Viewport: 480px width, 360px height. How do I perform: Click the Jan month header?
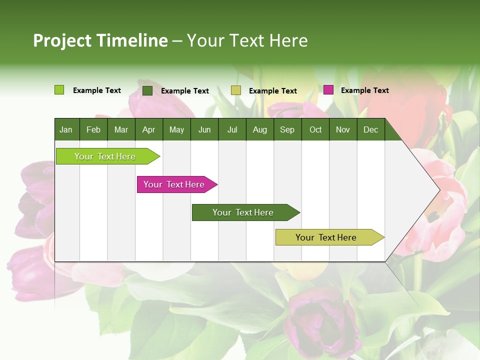click(66, 129)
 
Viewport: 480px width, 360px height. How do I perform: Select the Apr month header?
click(148, 129)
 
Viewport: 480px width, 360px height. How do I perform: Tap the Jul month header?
click(232, 129)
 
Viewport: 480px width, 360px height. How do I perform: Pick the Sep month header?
click(287, 129)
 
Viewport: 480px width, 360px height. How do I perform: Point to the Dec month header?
click(370, 129)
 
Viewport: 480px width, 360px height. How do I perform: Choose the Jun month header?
click(204, 129)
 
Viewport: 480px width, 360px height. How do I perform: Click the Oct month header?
click(315, 129)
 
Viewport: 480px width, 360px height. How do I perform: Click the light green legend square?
click(59, 90)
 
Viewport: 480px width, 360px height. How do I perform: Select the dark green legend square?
click(147, 90)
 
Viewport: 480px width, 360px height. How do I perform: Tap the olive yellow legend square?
click(236, 90)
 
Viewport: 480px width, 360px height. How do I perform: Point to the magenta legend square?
click(328, 90)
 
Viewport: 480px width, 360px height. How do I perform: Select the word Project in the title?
click(61, 40)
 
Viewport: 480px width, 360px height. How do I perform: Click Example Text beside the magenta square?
click(364, 90)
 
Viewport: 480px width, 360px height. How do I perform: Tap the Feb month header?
click(93, 129)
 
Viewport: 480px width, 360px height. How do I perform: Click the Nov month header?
click(342, 129)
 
